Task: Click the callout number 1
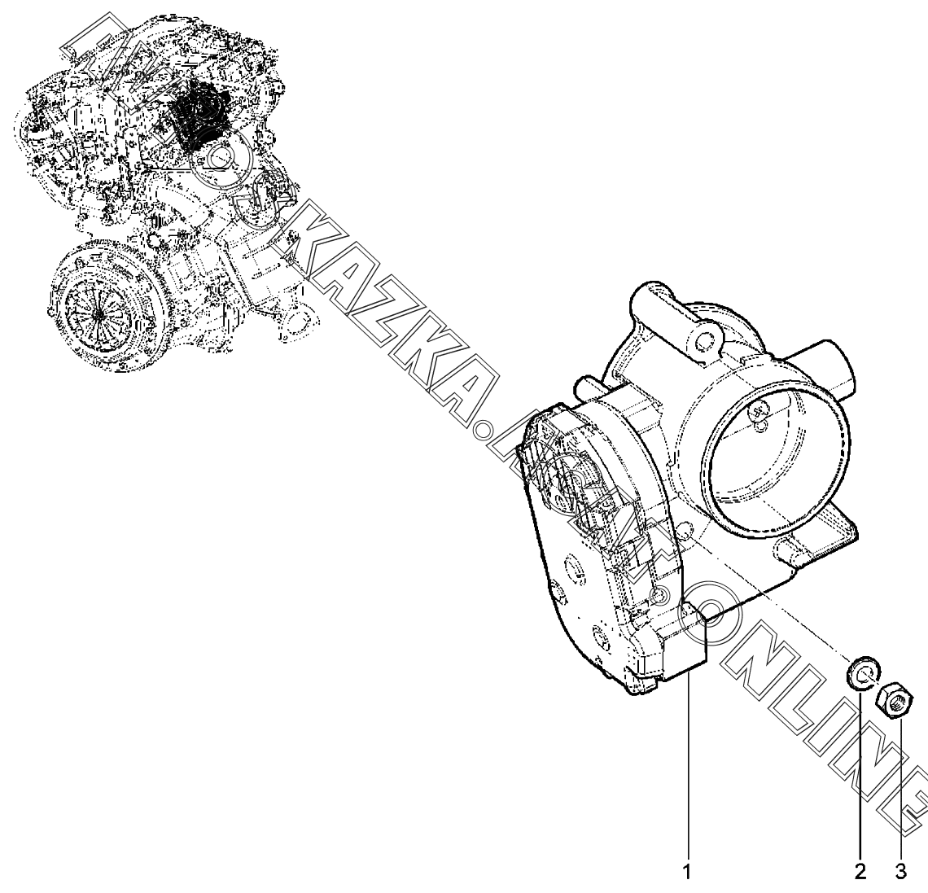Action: click(686, 873)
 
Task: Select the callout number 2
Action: click(860, 873)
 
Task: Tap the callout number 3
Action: click(900, 873)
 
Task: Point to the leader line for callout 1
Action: click(689, 773)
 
